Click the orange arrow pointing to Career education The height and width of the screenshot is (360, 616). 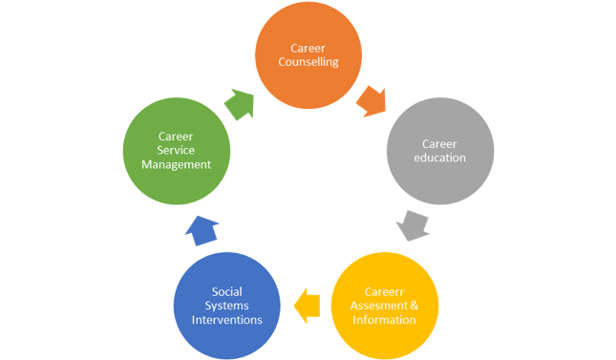click(372, 101)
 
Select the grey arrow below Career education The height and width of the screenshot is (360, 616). click(413, 225)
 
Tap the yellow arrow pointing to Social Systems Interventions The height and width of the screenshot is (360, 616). click(307, 306)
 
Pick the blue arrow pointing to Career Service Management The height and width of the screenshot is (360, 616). click(202, 231)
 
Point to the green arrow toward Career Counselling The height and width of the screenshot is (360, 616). click(240, 104)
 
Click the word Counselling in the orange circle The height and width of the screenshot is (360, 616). click(308, 62)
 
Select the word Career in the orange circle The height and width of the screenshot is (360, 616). click(308, 49)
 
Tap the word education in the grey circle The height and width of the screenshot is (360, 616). click(439, 158)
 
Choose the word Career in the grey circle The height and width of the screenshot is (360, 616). click(439, 144)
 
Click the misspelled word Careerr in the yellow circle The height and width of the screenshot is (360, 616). click(384, 291)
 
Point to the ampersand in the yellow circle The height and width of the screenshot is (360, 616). click(414, 306)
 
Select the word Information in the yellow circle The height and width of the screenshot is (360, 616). click(384, 320)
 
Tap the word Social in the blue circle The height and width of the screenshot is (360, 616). click(227, 291)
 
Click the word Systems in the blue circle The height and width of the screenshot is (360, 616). click(226, 306)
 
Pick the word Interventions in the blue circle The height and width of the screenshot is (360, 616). click(227, 320)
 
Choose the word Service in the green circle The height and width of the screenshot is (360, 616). click(176, 150)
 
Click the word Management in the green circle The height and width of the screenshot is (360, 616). click(176, 164)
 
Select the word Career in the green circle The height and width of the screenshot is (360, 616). click(176, 137)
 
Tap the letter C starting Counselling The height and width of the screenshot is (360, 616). click(282, 62)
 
